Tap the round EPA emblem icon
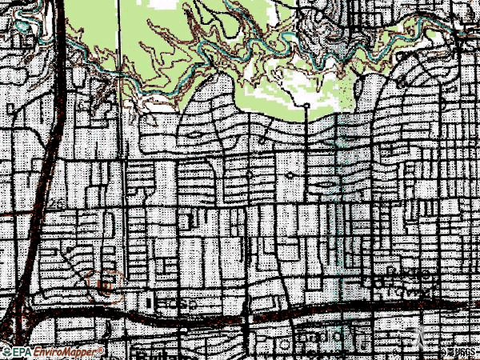point(6,352)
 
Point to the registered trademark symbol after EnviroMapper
point(102,350)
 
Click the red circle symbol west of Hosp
point(105,282)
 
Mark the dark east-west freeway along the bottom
point(240,314)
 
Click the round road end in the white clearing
point(306,105)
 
